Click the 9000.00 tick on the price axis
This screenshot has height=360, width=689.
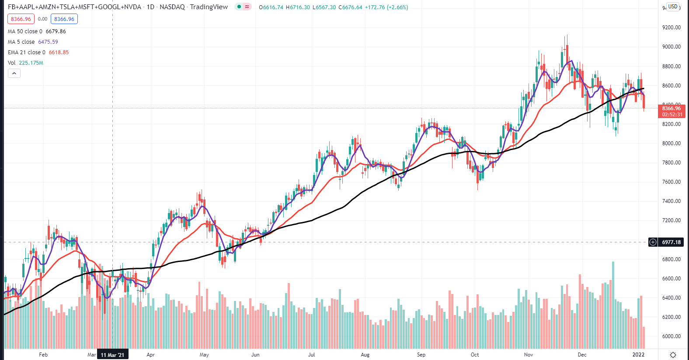click(x=671, y=47)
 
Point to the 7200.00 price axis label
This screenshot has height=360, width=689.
click(x=671, y=220)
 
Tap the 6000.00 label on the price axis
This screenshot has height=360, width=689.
click(x=671, y=336)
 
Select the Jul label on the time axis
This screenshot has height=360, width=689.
click(x=311, y=355)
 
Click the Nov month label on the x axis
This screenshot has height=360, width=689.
click(x=529, y=355)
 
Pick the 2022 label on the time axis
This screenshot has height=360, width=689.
click(x=638, y=355)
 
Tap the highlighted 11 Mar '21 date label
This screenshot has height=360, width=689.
click(x=112, y=355)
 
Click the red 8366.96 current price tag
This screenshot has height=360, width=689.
click(x=671, y=108)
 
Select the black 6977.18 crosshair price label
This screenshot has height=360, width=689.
click(x=671, y=242)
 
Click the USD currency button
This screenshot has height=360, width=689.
click(x=672, y=7)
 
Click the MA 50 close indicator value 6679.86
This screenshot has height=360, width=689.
click(x=56, y=31)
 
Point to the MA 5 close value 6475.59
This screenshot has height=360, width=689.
click(x=48, y=42)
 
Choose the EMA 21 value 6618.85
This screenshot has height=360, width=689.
click(x=59, y=52)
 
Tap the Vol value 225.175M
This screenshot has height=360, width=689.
click(x=31, y=63)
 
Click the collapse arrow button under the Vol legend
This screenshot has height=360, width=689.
click(x=14, y=73)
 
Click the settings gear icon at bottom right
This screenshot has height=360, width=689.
click(x=673, y=355)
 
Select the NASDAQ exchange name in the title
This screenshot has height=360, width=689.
click(x=172, y=7)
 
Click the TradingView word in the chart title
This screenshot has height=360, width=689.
click(x=209, y=7)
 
